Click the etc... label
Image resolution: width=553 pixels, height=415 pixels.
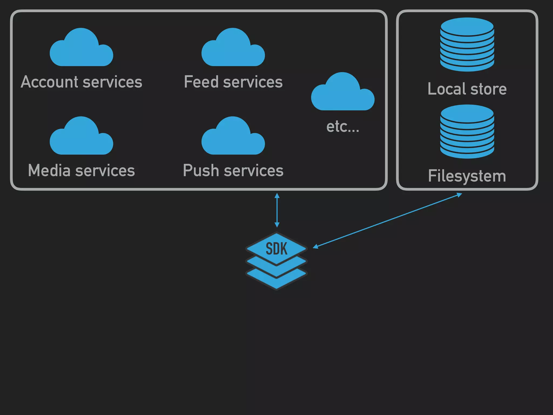(x=343, y=126)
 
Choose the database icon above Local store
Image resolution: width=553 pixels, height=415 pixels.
(x=467, y=45)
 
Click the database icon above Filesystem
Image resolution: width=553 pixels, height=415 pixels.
(x=467, y=132)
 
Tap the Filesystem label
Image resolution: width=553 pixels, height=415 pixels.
(x=467, y=176)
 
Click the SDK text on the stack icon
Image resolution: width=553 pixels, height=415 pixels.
(x=276, y=249)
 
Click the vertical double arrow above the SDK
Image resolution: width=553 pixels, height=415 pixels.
(x=277, y=210)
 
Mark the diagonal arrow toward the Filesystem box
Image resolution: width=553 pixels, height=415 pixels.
(x=387, y=220)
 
